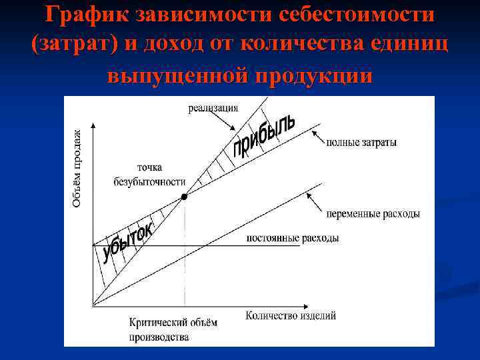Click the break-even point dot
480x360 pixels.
click(185, 197)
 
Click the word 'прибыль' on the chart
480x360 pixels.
click(263, 136)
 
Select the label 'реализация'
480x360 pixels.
click(213, 109)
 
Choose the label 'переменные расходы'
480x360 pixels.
click(373, 214)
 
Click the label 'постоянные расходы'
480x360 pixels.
click(292, 238)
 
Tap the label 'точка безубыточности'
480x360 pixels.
click(149, 175)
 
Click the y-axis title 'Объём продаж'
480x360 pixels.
click(77, 168)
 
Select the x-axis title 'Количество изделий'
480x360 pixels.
click(291, 315)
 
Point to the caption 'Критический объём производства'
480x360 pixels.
click(173, 329)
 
